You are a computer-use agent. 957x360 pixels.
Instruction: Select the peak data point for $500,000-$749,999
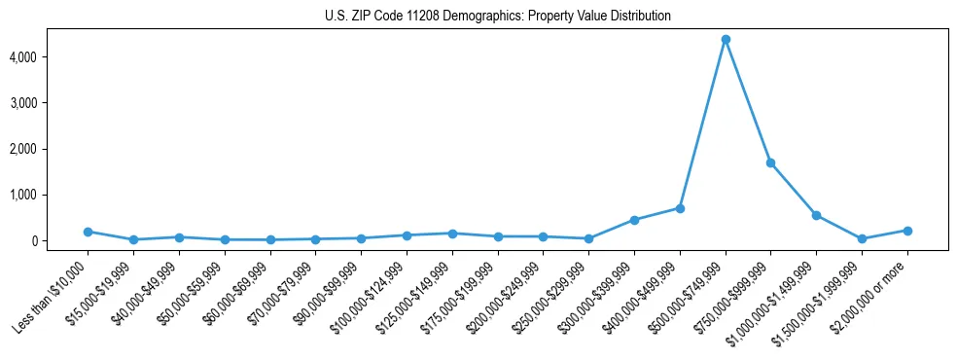(726, 40)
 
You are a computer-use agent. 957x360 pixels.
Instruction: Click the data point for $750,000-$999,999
(770, 163)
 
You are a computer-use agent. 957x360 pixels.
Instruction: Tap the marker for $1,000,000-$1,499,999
(816, 215)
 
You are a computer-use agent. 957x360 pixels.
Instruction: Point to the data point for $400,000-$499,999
(680, 208)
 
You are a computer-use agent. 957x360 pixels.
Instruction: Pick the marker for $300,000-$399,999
(634, 220)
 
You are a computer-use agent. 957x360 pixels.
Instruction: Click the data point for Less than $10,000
(88, 232)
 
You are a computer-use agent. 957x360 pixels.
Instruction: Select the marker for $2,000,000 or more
(907, 231)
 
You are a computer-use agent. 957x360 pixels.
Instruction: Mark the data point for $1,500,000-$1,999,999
(862, 238)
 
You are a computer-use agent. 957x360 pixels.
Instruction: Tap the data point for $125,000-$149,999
(452, 234)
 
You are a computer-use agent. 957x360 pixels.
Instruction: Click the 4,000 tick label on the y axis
(49, 57)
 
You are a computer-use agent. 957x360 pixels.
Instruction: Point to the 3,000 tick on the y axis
(49, 103)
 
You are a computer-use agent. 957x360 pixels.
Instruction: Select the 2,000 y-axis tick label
(49, 149)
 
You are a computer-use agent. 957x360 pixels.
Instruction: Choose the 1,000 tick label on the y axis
(49, 195)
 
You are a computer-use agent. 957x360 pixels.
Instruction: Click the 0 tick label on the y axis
(59, 240)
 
